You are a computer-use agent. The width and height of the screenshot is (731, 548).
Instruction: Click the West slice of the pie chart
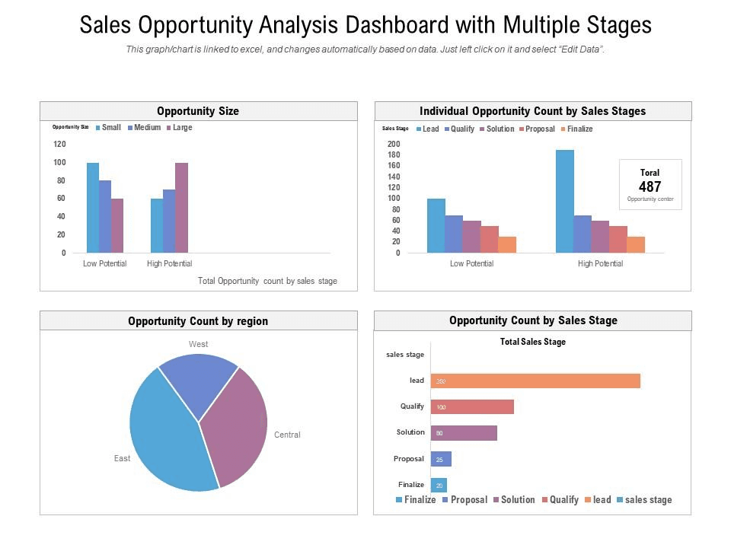(199, 384)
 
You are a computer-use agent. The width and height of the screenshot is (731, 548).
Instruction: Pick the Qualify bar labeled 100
(472, 406)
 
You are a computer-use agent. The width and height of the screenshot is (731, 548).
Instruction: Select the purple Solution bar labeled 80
(464, 432)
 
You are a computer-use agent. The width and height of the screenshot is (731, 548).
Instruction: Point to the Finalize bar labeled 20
(439, 485)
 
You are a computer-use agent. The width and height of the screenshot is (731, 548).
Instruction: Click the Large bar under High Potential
(181, 207)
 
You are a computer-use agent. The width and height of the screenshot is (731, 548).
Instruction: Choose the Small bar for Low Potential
(93, 207)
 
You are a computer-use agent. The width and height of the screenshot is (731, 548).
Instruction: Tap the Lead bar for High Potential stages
(565, 201)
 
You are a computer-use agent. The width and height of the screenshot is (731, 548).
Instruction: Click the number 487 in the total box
(650, 186)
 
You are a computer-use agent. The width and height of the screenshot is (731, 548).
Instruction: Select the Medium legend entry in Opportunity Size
(147, 128)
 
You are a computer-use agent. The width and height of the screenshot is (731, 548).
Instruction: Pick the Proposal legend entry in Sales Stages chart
(540, 129)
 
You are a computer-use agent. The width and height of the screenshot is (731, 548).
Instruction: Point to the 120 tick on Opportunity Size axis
(59, 144)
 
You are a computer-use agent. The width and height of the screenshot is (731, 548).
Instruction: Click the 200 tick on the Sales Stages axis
(393, 144)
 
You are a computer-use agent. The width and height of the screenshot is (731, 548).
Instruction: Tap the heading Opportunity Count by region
(198, 321)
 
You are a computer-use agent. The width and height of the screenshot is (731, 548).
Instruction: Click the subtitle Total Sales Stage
(532, 342)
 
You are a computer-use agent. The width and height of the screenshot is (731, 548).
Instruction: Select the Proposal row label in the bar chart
(408, 459)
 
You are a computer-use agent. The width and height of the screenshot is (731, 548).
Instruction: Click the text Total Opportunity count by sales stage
(267, 281)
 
